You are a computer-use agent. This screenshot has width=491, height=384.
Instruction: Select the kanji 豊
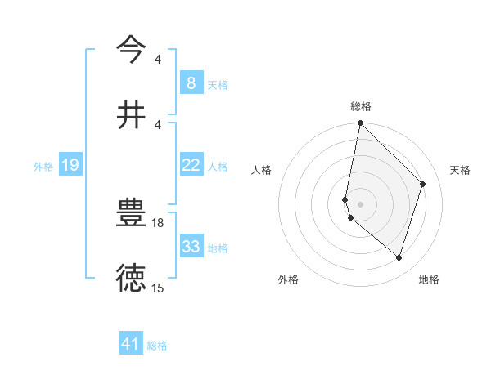tap(131, 213)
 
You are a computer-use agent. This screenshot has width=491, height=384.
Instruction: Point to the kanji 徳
tap(131, 278)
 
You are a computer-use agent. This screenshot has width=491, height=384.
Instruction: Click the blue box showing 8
tap(191, 83)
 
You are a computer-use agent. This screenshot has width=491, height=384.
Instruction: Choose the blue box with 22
tap(191, 165)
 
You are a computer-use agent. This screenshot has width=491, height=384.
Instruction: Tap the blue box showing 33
tap(191, 247)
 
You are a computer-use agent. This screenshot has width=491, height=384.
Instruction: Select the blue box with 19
tap(70, 166)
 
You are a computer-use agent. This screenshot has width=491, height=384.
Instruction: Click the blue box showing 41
tap(130, 344)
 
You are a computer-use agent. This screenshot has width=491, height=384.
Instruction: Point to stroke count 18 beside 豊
tap(159, 222)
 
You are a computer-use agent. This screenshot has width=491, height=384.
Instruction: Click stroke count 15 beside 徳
tap(158, 288)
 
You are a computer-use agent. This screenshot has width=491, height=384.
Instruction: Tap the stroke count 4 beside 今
tap(158, 60)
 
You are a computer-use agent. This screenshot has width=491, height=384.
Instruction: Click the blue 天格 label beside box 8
tap(218, 84)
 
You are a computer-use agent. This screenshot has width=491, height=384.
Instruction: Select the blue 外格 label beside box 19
tap(43, 167)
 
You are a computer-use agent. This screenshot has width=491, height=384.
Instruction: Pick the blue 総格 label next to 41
tap(157, 346)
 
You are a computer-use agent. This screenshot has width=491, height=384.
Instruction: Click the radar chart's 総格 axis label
tap(361, 106)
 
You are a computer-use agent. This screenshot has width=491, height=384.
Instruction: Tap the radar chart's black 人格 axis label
tap(261, 170)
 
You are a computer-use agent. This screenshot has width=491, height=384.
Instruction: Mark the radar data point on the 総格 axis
tap(360, 123)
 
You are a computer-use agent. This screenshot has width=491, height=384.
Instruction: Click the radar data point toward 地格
tap(399, 258)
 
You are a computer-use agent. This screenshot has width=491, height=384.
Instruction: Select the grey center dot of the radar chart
tap(360, 203)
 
